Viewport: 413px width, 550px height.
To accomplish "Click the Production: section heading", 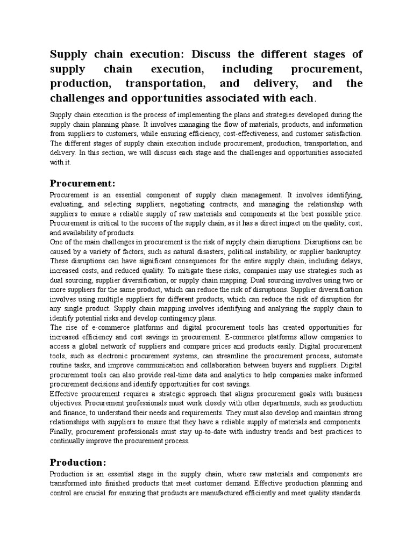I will click(78, 462).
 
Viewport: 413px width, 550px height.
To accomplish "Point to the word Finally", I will click(61, 431).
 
